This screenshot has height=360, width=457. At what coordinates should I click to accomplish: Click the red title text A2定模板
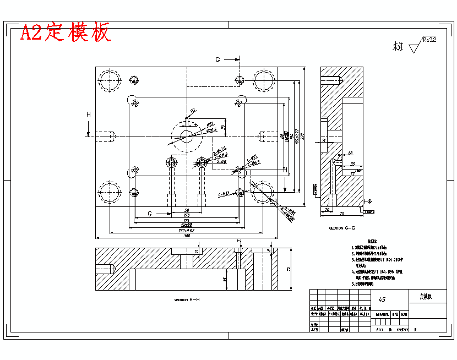pos(66,32)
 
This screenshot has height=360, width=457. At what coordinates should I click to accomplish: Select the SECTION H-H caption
pos(187,300)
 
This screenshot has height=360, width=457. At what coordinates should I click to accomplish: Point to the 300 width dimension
pos(186,236)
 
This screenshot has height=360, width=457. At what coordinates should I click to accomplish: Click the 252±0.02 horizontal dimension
pos(186,231)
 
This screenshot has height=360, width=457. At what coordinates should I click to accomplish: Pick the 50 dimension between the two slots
pos(187,211)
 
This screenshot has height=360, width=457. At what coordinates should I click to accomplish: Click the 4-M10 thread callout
pos(224,194)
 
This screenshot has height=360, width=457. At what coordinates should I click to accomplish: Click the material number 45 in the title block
pos(382,299)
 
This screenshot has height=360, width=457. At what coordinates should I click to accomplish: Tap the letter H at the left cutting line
pos(88,114)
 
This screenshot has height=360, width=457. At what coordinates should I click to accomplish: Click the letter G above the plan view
pos(217,59)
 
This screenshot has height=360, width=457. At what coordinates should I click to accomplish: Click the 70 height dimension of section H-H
pos(288,269)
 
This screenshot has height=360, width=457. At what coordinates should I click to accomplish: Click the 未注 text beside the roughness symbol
pos(398,46)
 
